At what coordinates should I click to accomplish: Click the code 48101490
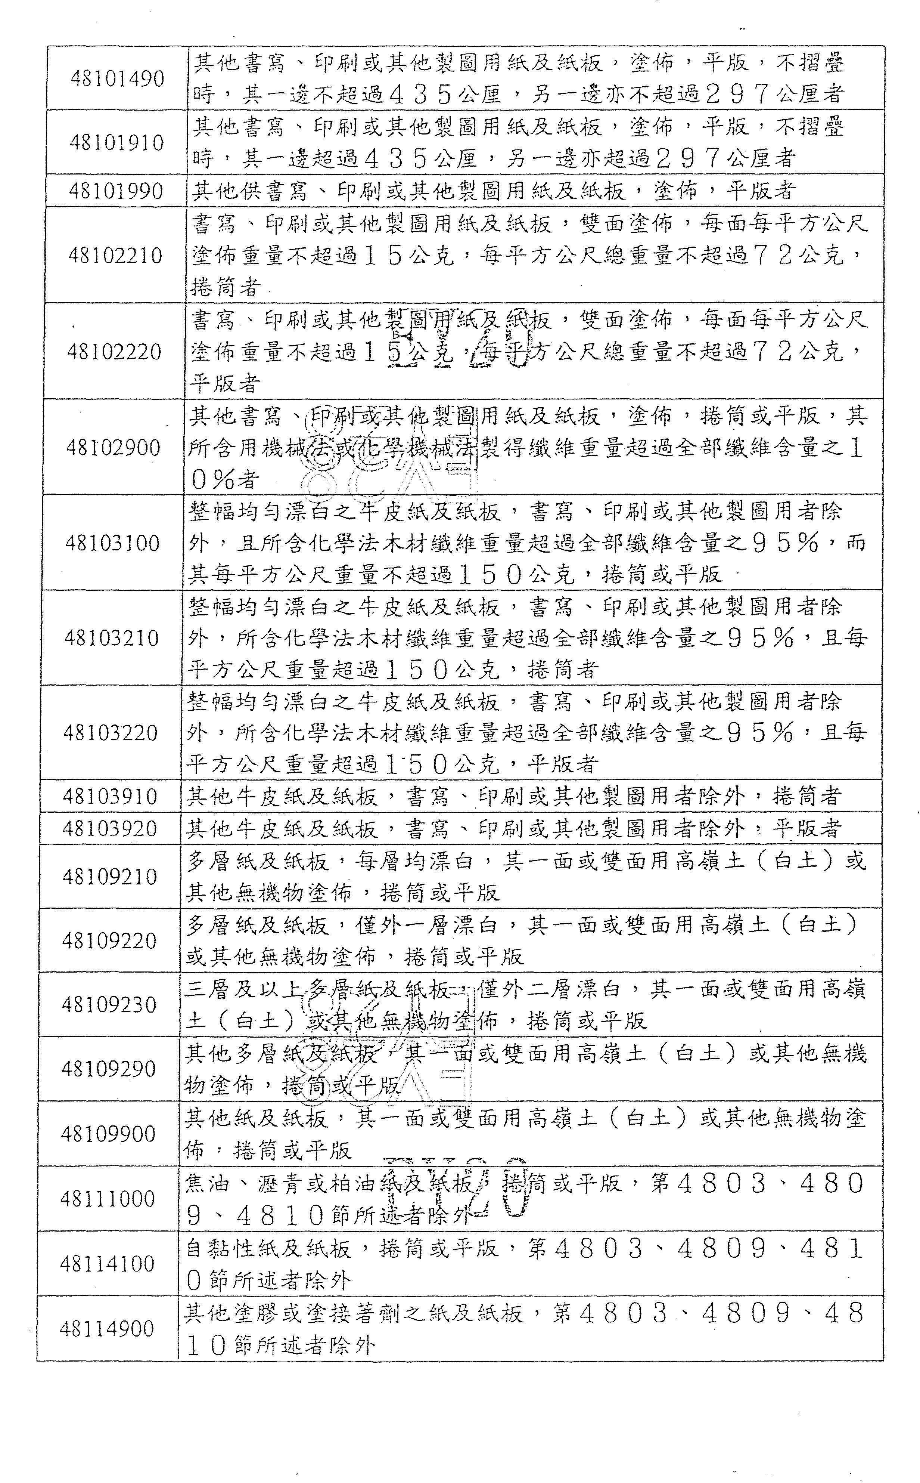pyautogui.click(x=117, y=79)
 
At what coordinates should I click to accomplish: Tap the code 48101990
pyautogui.click(x=116, y=191)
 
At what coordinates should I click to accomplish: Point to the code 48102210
pyautogui.click(x=115, y=255)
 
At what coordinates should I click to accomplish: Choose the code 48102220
pyautogui.click(x=114, y=352)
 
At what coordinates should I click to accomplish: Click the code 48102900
pyautogui.click(x=113, y=448)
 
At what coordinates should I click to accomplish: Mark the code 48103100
pyautogui.click(x=112, y=543)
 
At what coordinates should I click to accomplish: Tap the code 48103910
pyautogui.click(x=110, y=796)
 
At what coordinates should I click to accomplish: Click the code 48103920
pyautogui.click(x=110, y=828)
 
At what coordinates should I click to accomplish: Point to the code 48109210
pyautogui.click(x=109, y=877)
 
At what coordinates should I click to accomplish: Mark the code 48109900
pyautogui.click(x=108, y=1134)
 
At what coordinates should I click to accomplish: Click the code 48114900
pyautogui.click(x=106, y=1328)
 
